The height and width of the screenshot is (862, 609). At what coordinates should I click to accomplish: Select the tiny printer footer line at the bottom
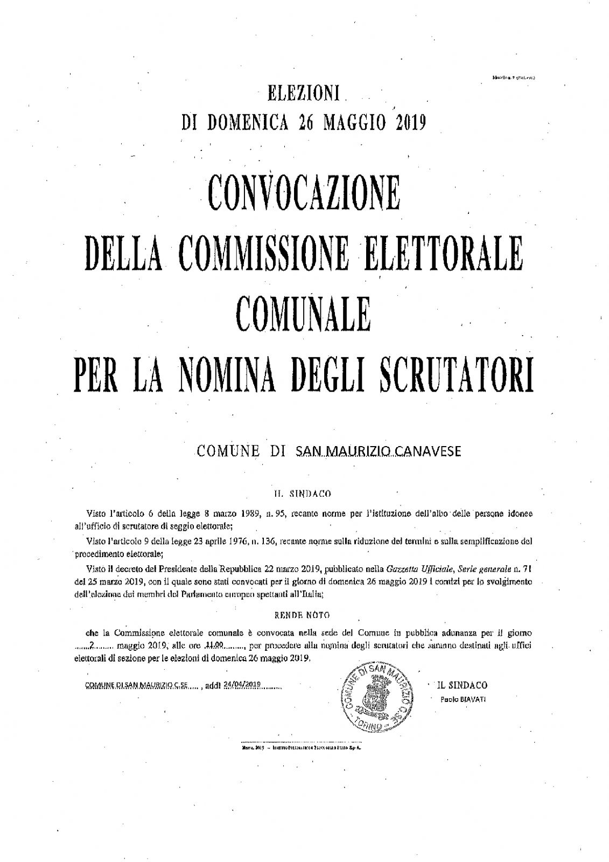(304, 748)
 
